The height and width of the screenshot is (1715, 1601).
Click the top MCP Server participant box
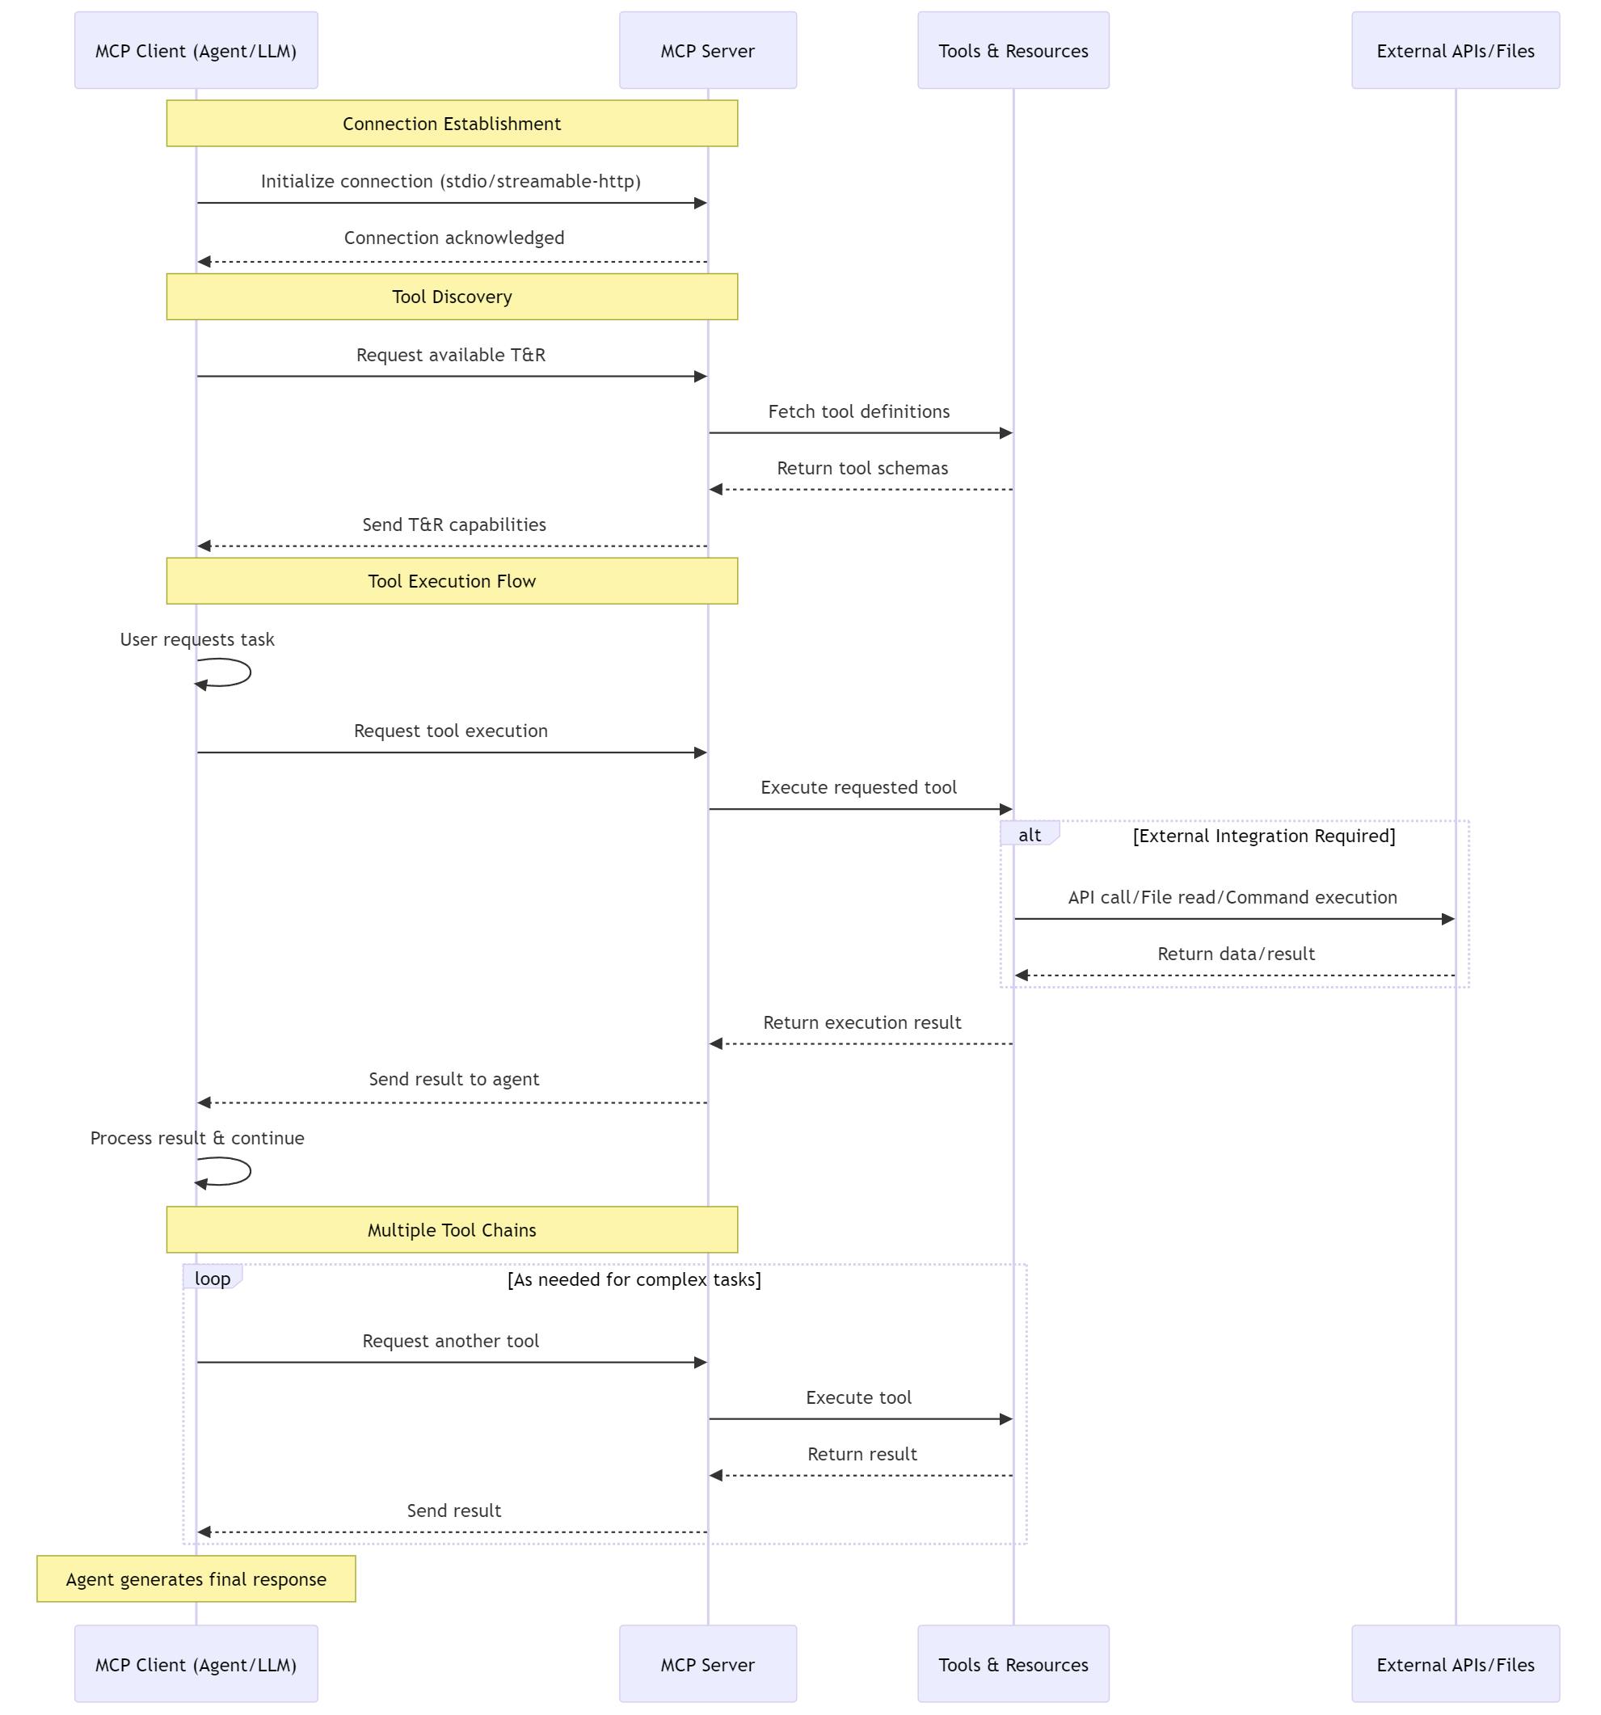click(707, 50)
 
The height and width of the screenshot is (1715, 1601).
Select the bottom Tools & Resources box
click(1013, 1664)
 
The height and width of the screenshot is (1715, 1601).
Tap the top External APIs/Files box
click(1456, 50)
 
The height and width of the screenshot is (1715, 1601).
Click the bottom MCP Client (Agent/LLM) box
click(196, 1664)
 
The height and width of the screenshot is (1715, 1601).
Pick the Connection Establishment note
click(452, 124)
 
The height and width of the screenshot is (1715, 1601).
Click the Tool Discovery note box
click(452, 297)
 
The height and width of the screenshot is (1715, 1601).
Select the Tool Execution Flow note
click(452, 580)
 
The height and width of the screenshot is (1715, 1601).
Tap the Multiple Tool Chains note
click(452, 1229)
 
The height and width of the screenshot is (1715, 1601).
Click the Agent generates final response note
click(196, 1578)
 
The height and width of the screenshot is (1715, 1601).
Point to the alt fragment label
click(1029, 834)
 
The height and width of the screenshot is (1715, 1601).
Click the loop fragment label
click(213, 1278)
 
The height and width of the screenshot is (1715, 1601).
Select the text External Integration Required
click(1264, 835)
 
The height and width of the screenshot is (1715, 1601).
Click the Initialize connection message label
click(450, 181)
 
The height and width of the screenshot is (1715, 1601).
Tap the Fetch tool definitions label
click(858, 411)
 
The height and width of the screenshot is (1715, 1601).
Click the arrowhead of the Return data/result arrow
click(1022, 975)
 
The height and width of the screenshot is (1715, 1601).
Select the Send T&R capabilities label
click(453, 525)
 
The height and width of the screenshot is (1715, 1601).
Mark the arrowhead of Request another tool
click(701, 1362)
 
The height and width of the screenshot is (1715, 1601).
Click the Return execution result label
click(862, 1022)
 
